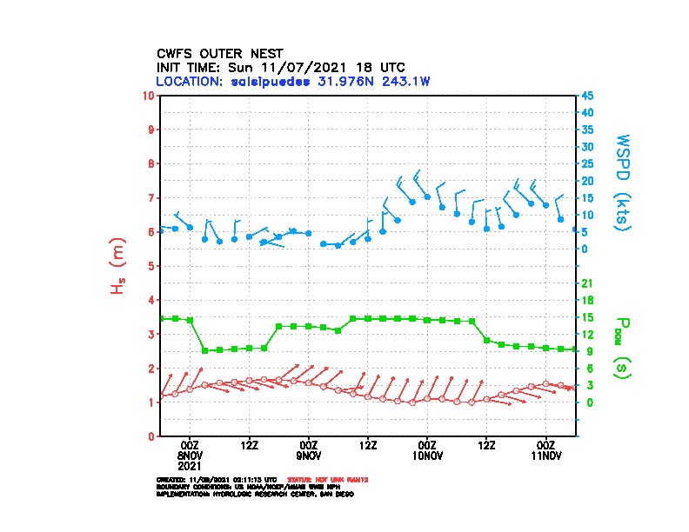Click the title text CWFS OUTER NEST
tap(219, 53)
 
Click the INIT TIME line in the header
tap(280, 67)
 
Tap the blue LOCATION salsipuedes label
tap(293, 81)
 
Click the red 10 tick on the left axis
tap(150, 95)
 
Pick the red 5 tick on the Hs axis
tap(152, 266)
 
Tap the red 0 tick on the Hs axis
tap(152, 436)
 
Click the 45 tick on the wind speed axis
tap(588, 96)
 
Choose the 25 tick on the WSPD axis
tap(588, 163)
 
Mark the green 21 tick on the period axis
tap(588, 283)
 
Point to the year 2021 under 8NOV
tap(190, 465)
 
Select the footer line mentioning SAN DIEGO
tap(254, 493)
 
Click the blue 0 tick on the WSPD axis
tap(585, 249)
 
